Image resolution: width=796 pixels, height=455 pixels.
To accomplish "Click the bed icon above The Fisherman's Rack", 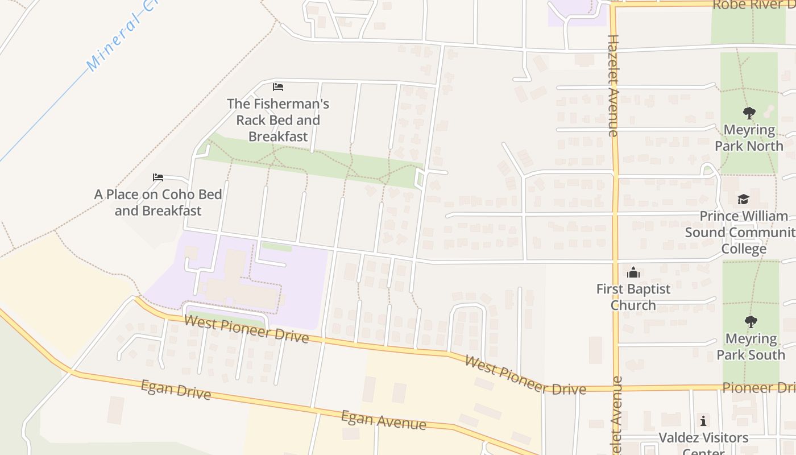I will click(278, 87).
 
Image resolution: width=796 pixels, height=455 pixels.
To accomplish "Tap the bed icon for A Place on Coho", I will click(158, 177).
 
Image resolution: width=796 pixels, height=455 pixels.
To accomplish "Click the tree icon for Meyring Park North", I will click(749, 113).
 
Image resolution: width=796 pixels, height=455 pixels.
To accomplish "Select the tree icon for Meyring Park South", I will click(751, 322).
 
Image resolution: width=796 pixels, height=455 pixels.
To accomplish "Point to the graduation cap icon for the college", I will click(743, 199).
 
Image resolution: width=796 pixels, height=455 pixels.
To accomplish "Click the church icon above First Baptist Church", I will click(633, 272).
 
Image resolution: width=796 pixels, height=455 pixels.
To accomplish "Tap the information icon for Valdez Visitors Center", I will click(703, 421).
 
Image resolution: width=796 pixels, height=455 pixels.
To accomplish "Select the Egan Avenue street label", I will click(383, 420).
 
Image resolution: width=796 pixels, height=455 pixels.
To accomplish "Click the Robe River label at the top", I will click(753, 5).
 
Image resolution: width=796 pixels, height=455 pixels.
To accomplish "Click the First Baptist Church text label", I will click(633, 297).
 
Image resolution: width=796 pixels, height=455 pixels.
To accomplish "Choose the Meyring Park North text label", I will click(749, 138).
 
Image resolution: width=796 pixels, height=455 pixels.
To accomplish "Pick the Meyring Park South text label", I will click(751, 346).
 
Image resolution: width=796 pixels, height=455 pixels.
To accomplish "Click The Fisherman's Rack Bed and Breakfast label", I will click(278, 120).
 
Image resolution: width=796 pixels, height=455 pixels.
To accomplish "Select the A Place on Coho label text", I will click(158, 202).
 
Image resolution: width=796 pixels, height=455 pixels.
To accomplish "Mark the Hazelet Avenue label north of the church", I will click(613, 85).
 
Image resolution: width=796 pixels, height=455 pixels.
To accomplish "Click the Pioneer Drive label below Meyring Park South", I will click(758, 388).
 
